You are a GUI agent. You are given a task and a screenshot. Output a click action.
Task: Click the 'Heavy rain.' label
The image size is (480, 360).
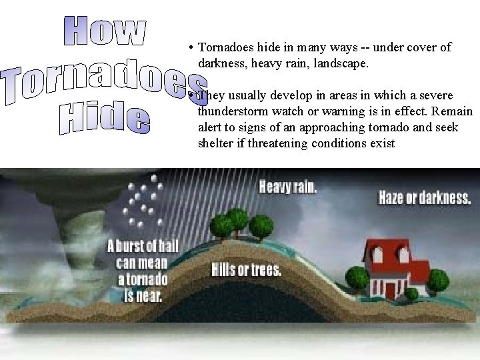coord(287,186)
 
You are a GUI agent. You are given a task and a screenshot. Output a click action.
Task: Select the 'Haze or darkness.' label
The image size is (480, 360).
coord(425,198)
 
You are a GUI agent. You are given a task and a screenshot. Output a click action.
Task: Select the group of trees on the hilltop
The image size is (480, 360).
coord(240,219)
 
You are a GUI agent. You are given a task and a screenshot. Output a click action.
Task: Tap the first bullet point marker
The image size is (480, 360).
coord(191,48)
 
